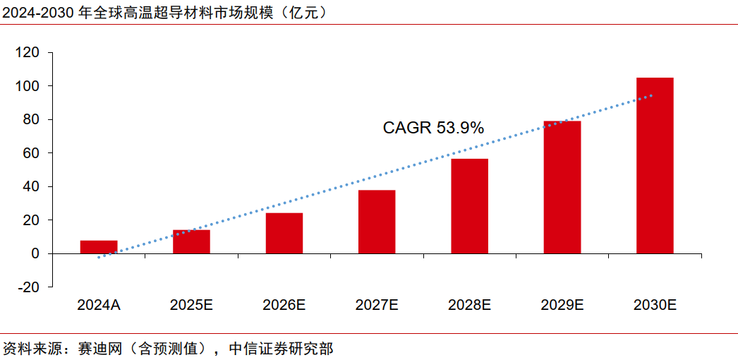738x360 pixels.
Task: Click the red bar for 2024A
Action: coord(99,247)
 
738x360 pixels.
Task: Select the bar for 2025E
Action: coord(191,241)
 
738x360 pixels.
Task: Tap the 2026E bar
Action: coord(284,233)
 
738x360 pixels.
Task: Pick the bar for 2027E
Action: coord(377,222)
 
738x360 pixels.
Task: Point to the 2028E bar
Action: coord(469,206)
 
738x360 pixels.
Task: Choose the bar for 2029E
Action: coord(562,187)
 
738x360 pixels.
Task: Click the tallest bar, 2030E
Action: coord(655,165)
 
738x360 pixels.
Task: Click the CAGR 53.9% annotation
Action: coord(433,128)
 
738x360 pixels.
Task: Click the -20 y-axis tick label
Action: coord(30,287)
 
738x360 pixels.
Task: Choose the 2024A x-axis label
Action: coord(99,305)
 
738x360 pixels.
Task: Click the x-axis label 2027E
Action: coord(377,305)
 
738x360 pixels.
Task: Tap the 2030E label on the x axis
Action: coord(655,305)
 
